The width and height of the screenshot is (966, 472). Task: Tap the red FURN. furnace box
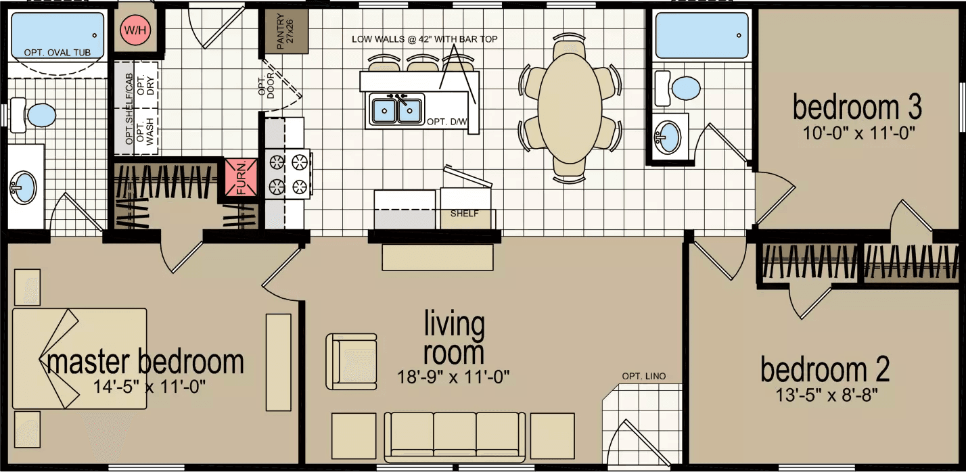tap(241, 177)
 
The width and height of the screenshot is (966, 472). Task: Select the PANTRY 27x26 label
tap(283, 31)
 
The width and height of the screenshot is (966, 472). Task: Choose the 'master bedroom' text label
tap(145, 362)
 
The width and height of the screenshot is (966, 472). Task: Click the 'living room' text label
tap(454, 338)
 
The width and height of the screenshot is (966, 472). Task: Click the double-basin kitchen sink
tap(395, 110)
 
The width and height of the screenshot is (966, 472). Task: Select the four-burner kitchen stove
tap(287, 174)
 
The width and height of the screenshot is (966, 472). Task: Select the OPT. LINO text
tap(644, 376)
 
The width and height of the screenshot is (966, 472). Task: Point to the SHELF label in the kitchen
tap(465, 214)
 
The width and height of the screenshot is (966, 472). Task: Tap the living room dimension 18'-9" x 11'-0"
tap(453, 375)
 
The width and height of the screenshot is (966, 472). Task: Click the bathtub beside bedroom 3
tap(701, 36)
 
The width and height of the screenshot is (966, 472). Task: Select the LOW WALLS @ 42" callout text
tap(424, 39)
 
